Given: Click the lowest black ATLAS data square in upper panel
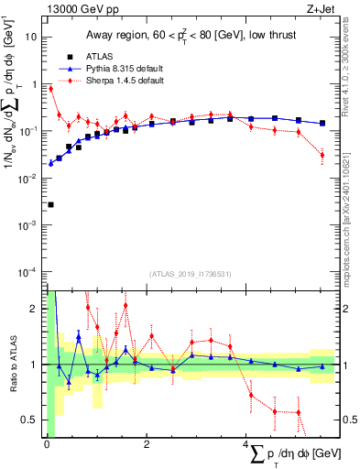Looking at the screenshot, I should (50, 204).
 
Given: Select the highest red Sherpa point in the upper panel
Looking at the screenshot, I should (50, 89).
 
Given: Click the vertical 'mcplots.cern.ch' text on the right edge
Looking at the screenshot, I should (352, 211).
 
